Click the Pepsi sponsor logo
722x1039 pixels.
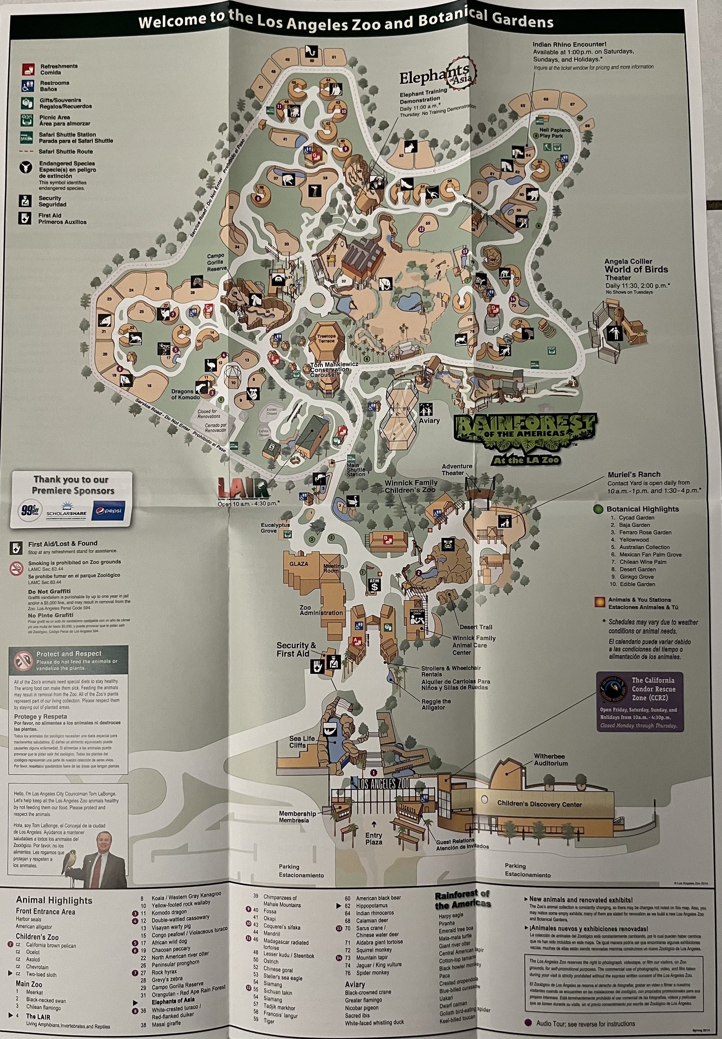109,509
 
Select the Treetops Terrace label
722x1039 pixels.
327,338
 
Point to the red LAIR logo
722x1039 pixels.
243,488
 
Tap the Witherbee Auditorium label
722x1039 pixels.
551,760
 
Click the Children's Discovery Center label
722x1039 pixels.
539,804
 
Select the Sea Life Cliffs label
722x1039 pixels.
302,742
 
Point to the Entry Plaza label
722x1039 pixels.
373,838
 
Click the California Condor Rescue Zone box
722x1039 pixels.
639,702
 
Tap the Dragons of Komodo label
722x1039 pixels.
185,394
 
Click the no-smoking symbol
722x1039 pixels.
17,569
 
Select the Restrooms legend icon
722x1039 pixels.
27,86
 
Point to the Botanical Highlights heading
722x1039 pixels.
642,509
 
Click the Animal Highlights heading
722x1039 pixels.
54,900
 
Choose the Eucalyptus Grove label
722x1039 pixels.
275,528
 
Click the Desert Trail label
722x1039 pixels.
476,627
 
